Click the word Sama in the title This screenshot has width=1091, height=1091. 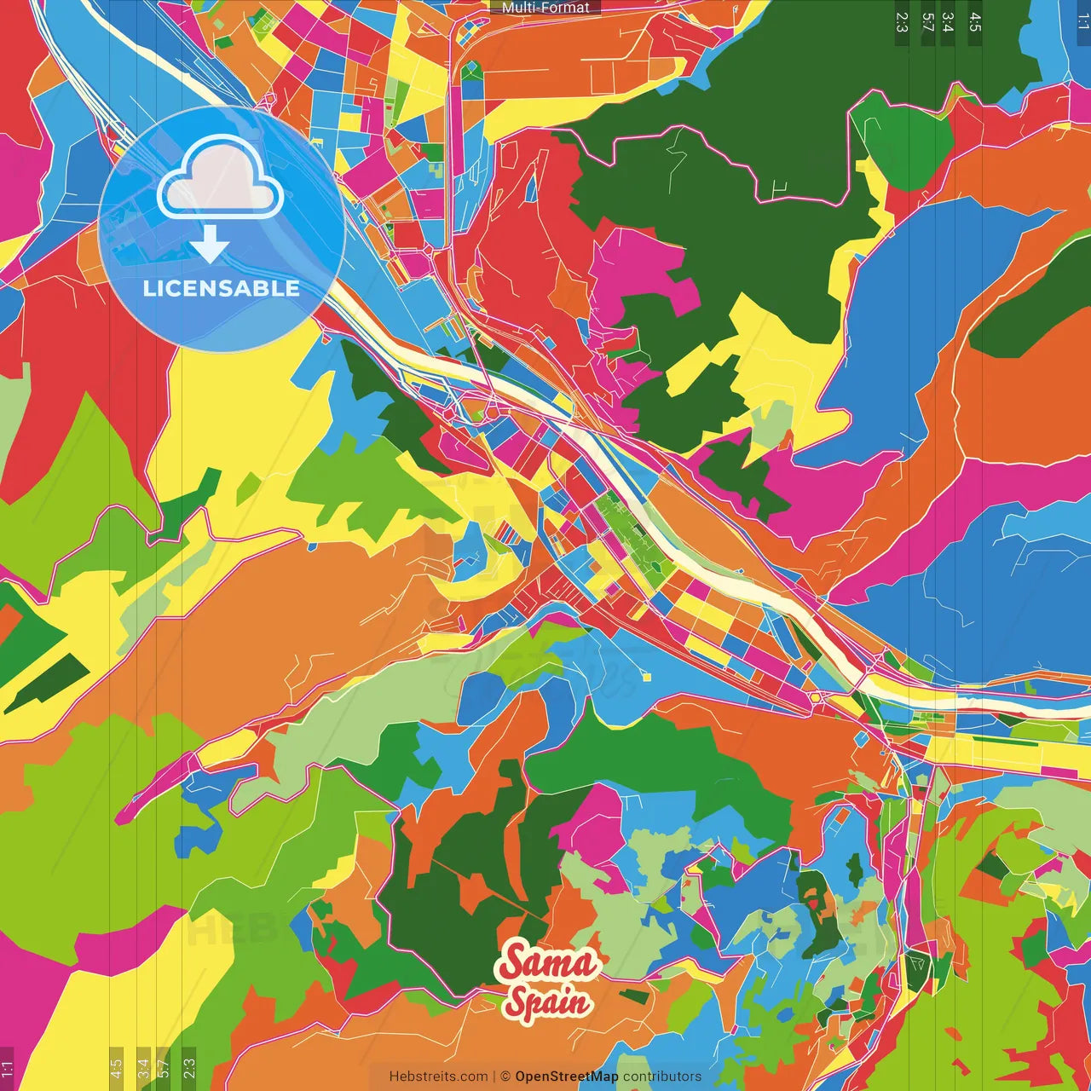click(x=548, y=963)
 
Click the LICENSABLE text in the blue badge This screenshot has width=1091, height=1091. click(x=221, y=288)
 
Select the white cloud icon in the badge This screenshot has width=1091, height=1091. click(x=221, y=177)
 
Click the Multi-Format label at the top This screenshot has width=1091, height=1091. click(x=545, y=8)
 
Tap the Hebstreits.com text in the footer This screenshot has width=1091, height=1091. click(x=438, y=1077)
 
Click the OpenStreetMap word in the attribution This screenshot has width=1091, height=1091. click(x=567, y=1077)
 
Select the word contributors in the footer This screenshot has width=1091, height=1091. click(x=662, y=1077)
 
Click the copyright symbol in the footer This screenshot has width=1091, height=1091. click(x=505, y=1077)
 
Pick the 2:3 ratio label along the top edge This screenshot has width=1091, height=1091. click(x=902, y=22)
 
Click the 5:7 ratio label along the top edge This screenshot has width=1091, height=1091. click(x=927, y=22)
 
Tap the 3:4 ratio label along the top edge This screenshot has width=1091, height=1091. click(x=948, y=22)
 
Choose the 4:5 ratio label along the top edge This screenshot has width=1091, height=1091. click(x=975, y=22)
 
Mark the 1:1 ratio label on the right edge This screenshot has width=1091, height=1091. click(x=1082, y=22)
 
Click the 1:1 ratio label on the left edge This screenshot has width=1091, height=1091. click(x=7, y=1068)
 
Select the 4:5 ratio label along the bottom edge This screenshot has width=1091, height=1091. click(x=116, y=1068)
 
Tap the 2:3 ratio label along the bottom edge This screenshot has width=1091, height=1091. click(x=189, y=1068)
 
